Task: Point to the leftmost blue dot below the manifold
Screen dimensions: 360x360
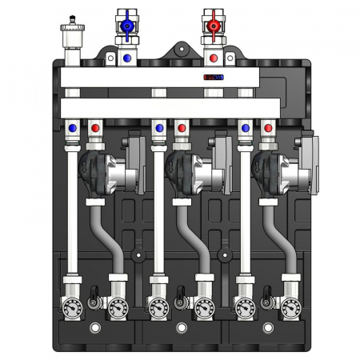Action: pyautogui.click(x=73, y=128)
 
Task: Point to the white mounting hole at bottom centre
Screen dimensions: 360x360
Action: pyautogui.click(x=179, y=329)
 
